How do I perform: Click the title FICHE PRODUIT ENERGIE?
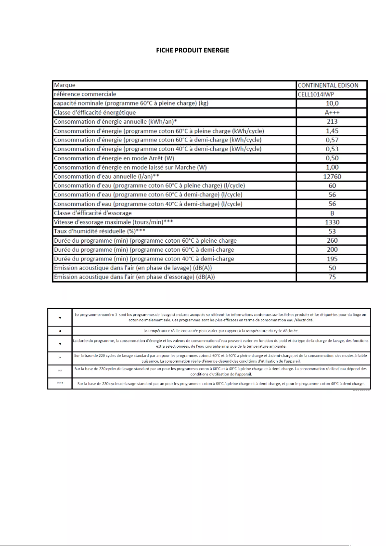point(193,50)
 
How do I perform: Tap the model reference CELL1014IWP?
point(316,94)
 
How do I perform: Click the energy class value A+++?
point(332,113)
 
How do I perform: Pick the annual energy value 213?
point(332,122)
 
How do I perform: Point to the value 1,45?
point(332,131)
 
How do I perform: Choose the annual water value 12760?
point(332,177)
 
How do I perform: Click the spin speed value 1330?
point(332,222)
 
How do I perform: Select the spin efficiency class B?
point(332,213)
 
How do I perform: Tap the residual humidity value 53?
point(332,232)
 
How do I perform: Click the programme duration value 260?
point(332,241)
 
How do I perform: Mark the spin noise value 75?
point(332,277)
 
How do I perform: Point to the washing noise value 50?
point(332,268)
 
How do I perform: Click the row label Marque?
point(64,85)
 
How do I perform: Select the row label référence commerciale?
point(85,94)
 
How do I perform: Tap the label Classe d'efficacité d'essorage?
point(92,213)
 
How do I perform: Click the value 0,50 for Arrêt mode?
point(332,158)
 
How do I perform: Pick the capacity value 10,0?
point(332,104)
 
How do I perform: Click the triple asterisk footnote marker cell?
point(59,384)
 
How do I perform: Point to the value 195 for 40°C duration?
point(332,259)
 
